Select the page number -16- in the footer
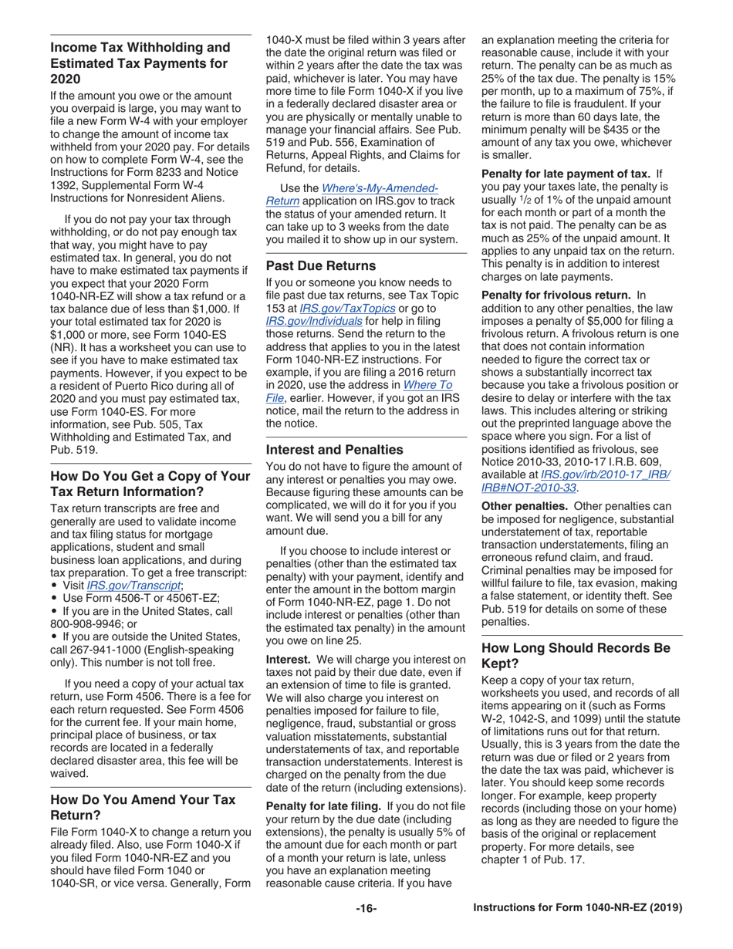click(366, 908)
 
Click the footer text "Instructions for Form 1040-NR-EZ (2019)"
click(577, 908)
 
